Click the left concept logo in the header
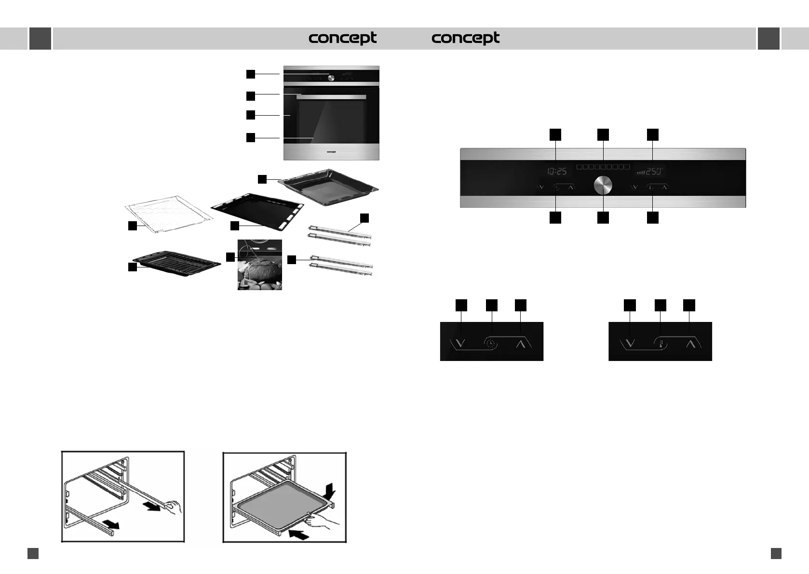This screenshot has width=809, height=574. click(342, 38)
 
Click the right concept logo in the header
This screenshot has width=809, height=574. click(465, 38)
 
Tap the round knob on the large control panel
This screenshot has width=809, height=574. click(603, 186)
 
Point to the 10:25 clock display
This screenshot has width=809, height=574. click(557, 171)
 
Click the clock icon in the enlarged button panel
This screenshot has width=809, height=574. click(490, 344)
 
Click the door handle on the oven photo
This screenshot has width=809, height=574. click(331, 97)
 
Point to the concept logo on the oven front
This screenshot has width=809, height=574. click(331, 152)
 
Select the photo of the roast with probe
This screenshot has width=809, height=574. click(259, 265)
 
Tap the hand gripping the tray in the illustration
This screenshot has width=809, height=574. click(320, 521)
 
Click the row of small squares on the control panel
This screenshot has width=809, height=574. click(603, 167)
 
